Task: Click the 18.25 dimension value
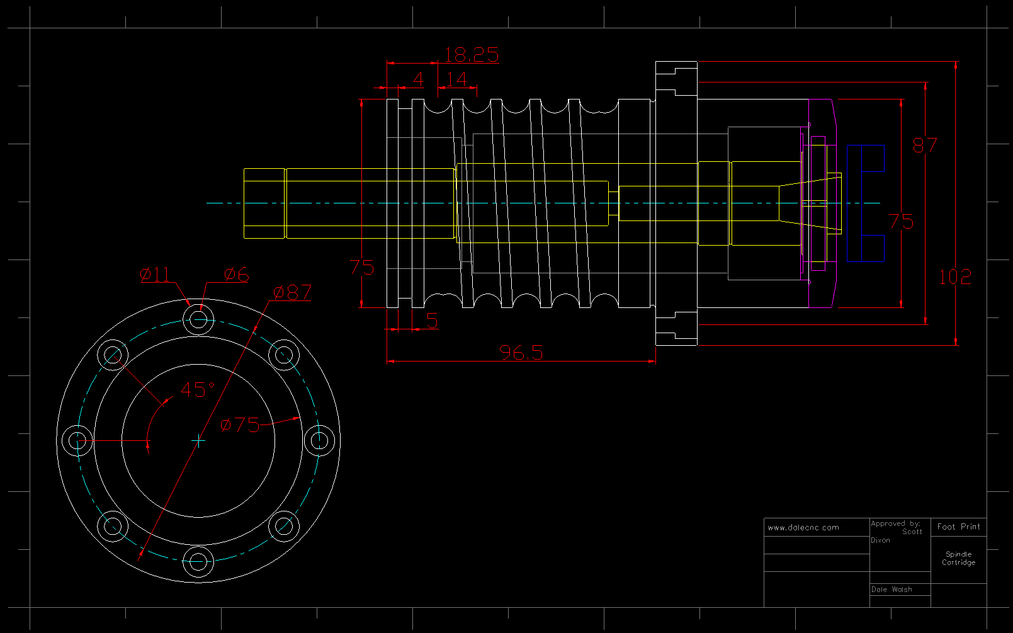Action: click(x=471, y=55)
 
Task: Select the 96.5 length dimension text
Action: click(x=521, y=353)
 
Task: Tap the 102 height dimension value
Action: click(x=954, y=277)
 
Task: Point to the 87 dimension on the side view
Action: click(x=924, y=145)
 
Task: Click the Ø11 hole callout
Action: click(x=155, y=275)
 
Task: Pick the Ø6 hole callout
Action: click(x=237, y=275)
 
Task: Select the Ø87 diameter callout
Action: click(x=293, y=292)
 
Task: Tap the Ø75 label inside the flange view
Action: click(x=241, y=425)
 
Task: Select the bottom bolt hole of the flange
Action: click(x=198, y=561)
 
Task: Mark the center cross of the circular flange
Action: click(x=198, y=440)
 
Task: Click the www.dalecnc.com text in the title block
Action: click(x=803, y=528)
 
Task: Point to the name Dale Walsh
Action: click(x=891, y=590)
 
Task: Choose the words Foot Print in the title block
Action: click(x=958, y=527)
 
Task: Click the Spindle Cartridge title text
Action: click(x=958, y=559)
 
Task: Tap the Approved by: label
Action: click(x=895, y=523)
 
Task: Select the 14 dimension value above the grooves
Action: click(x=456, y=79)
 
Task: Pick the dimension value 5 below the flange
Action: click(x=432, y=321)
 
